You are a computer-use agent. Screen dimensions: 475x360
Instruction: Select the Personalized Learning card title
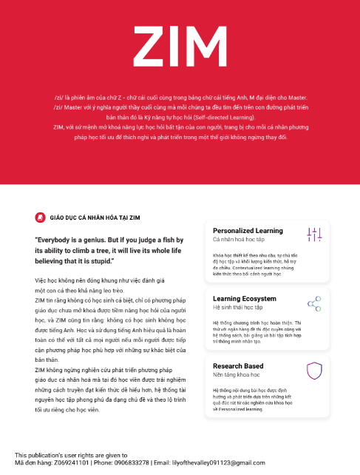click(248, 231)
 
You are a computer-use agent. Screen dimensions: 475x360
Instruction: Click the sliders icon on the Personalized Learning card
click(314, 235)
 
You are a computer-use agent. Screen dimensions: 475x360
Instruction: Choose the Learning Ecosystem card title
click(245, 298)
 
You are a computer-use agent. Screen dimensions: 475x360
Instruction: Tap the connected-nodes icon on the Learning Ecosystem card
click(314, 303)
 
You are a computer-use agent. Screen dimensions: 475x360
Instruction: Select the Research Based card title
click(238, 365)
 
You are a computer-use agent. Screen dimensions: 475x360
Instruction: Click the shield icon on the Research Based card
click(314, 370)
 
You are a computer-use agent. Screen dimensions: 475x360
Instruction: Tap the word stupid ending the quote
click(101, 261)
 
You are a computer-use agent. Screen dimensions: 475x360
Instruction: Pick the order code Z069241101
click(72, 462)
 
